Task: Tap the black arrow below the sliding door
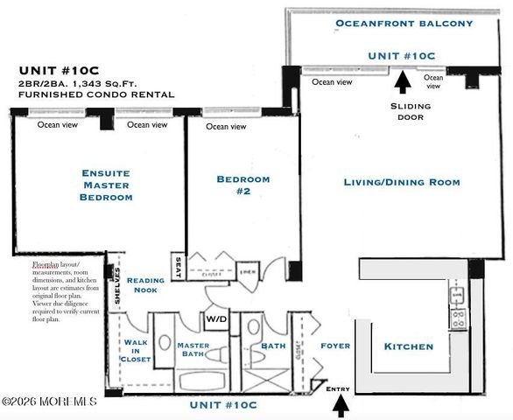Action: click(402, 82)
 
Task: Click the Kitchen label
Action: click(409, 346)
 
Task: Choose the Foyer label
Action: click(335, 346)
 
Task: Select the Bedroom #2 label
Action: click(243, 185)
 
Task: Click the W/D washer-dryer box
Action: click(215, 318)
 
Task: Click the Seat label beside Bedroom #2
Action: click(179, 269)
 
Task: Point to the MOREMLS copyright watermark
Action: click(48, 402)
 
